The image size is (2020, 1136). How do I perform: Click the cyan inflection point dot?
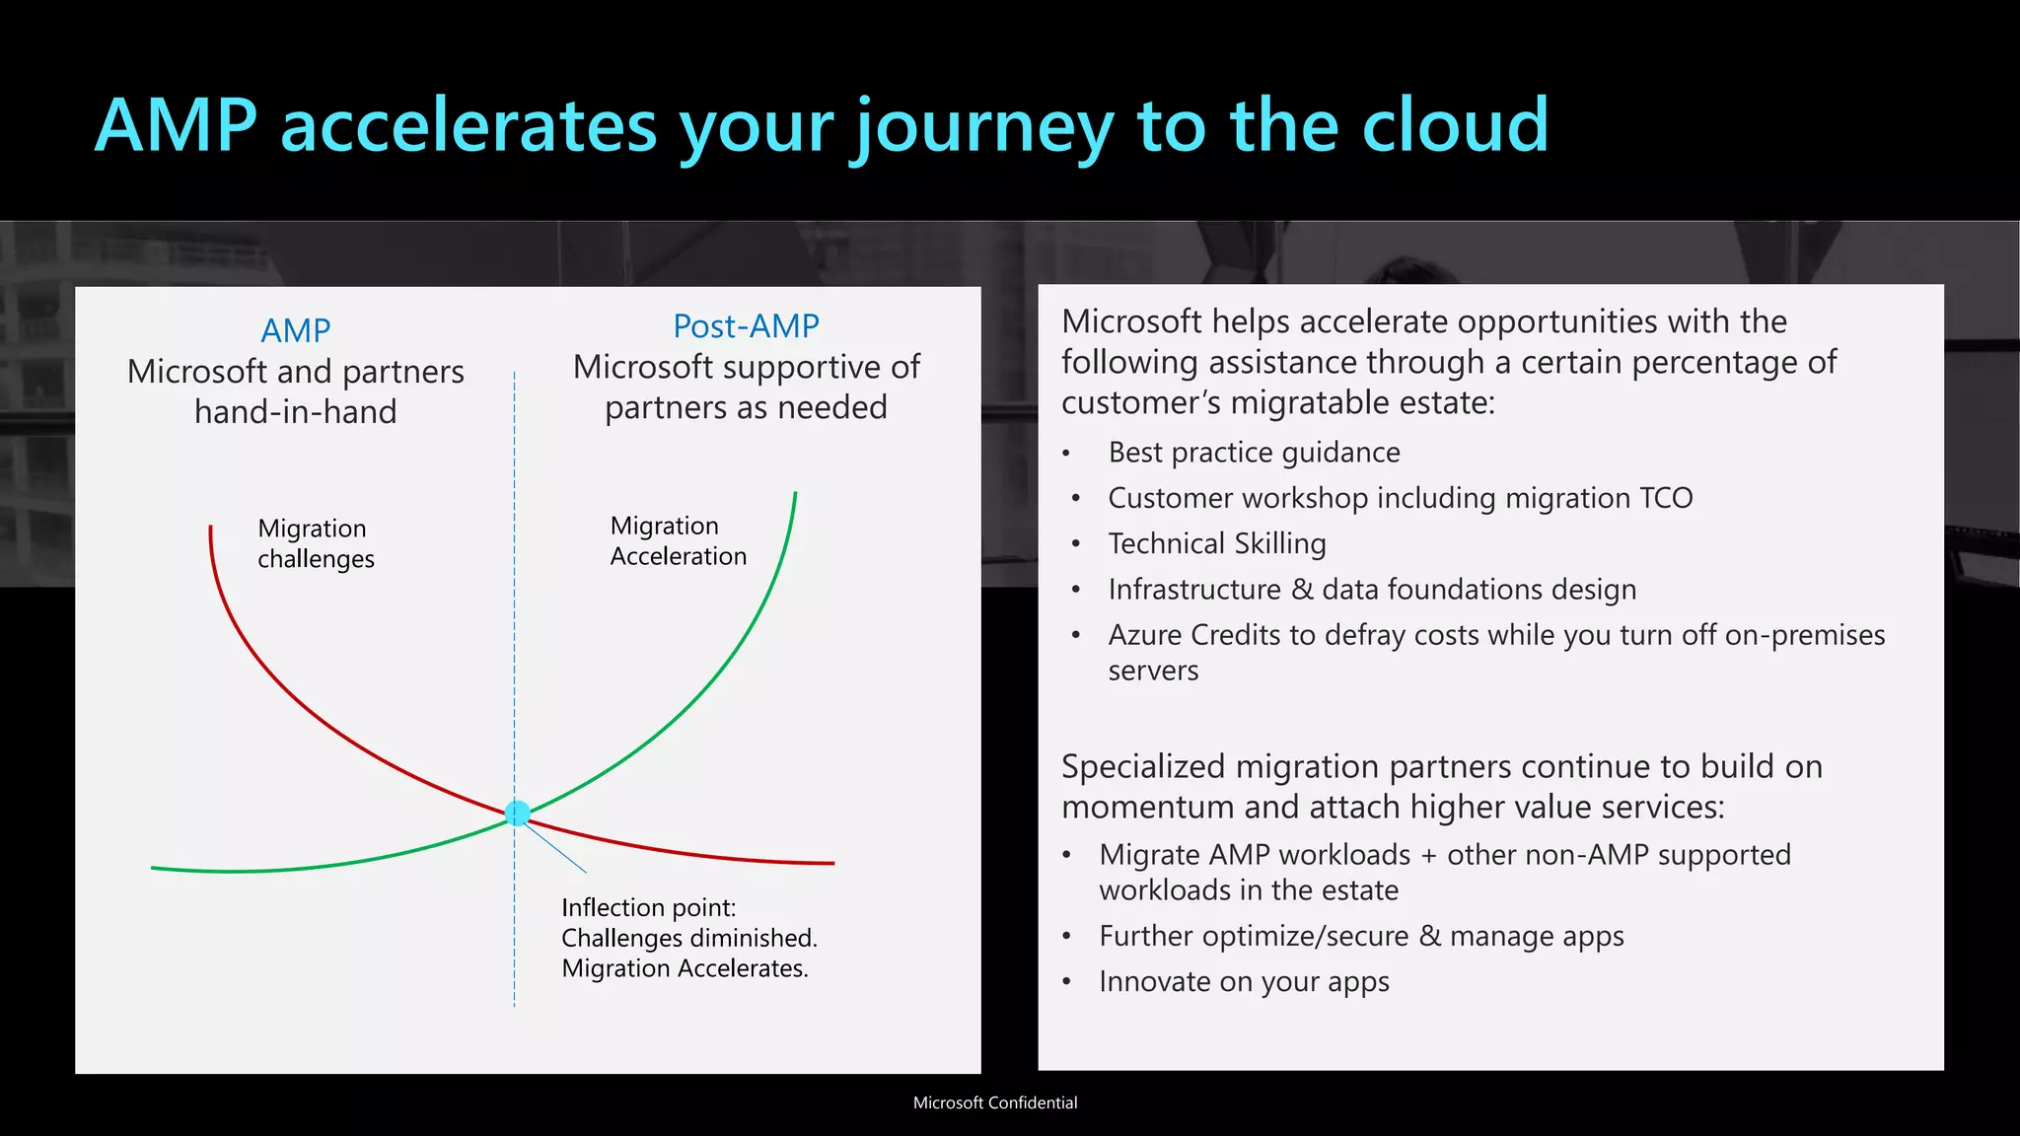517,813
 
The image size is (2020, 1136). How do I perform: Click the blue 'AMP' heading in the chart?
295,330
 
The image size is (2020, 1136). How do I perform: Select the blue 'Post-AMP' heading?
746,325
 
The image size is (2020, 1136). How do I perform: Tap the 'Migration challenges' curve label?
316,543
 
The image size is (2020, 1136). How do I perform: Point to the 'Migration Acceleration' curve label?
678,540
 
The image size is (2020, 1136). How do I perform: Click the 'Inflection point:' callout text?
648,907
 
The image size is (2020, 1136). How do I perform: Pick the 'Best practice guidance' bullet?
1254,453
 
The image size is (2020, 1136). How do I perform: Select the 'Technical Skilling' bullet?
1216,543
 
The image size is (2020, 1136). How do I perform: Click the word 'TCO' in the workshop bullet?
1666,498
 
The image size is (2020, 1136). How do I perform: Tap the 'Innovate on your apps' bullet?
1244,982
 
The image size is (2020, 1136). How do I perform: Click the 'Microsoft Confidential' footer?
994,1102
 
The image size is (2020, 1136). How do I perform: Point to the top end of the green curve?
795,494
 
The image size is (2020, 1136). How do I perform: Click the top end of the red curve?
210,529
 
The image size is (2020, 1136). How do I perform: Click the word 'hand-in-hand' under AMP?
295,411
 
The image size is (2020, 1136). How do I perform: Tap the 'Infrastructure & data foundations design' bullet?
1371,590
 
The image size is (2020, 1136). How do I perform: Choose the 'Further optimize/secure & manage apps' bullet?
1361,936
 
